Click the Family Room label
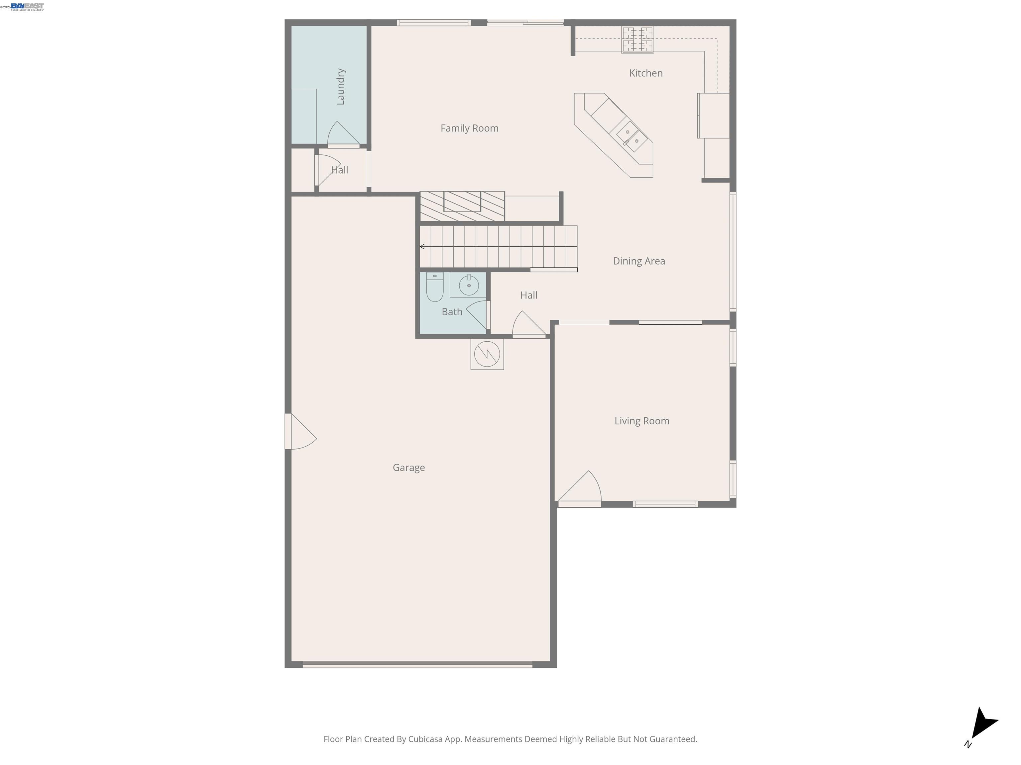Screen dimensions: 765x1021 [469, 128]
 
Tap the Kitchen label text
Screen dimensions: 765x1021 [645, 73]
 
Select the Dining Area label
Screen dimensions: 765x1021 [638, 261]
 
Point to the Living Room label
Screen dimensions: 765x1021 [641, 421]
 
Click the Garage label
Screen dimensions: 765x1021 [408, 467]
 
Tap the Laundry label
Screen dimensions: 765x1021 [341, 87]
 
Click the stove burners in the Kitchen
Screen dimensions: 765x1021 [637, 40]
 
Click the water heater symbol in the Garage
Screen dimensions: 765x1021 [487, 354]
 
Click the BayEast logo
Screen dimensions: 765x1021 [27, 6]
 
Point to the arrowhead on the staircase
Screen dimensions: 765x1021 [422, 247]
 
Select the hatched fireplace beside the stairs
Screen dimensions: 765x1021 [462, 206]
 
